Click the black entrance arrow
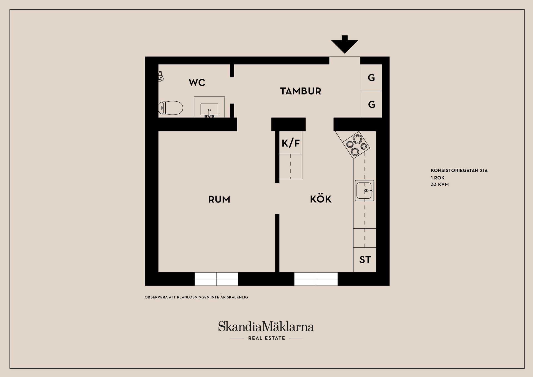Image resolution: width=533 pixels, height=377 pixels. click(345, 45)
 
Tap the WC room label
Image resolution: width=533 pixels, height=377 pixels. click(197, 83)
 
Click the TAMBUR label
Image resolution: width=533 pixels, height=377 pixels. click(300, 91)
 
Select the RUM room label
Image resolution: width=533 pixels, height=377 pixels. click(219, 199)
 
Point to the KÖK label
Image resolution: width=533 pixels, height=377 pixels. click(321, 199)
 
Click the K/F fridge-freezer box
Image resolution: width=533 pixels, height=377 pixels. click(291, 143)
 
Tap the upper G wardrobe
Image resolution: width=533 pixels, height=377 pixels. click(371, 78)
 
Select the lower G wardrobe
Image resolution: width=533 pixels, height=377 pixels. click(371, 104)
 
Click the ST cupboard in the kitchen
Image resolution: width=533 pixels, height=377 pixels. click(365, 260)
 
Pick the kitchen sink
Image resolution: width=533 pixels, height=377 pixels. click(364, 191)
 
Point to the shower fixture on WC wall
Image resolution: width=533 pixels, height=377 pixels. click(160, 76)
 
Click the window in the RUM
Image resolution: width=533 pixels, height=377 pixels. click(216, 279)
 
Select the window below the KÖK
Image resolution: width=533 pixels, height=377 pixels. click(316, 279)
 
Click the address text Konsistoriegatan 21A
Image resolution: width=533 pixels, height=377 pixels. click(459, 171)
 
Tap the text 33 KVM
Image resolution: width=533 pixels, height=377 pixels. click(439, 184)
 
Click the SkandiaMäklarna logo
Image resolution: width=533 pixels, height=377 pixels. click(266, 327)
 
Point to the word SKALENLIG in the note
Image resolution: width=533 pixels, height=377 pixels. click(237, 297)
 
